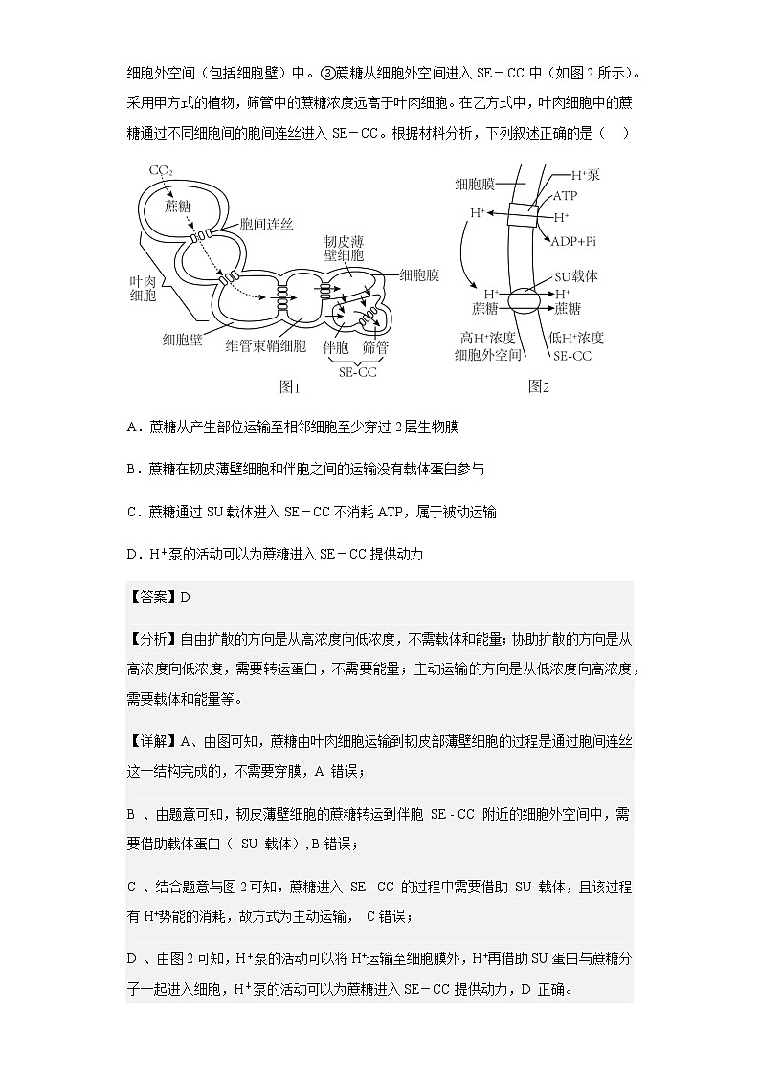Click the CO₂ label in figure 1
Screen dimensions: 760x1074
[160, 170]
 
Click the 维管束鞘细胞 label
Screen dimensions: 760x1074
[265, 344]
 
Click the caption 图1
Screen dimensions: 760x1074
[289, 387]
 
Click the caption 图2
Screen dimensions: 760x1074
[538, 386]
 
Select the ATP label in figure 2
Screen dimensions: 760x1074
[566, 196]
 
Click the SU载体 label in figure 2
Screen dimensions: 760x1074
[576, 275]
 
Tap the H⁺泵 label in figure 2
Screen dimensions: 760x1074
[585, 175]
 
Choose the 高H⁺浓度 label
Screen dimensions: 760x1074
[487, 338]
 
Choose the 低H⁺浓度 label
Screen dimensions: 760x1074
[577, 338]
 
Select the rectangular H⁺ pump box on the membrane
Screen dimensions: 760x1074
[524, 215]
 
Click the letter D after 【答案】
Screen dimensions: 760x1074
[186, 597]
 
